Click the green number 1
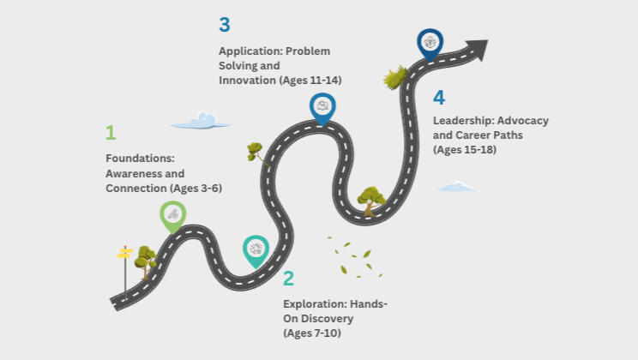pos(110,133)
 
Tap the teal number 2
pos(288,278)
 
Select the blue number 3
pos(225,25)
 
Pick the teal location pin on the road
pos(255,249)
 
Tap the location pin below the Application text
pos(322,107)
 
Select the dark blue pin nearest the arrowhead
pos(430,43)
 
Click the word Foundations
pos(140,159)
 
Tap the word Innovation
pos(247,80)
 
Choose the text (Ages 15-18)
pos(464,149)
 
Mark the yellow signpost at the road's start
pos(125,254)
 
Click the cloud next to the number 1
pos(200,122)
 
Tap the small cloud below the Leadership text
pos(457,186)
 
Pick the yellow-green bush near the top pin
pos(394,78)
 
